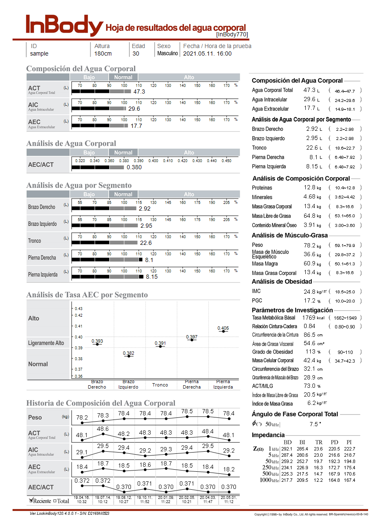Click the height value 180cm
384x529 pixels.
click(x=102, y=53)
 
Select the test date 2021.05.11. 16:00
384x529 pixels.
click(x=207, y=53)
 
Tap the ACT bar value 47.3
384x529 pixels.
click(x=139, y=92)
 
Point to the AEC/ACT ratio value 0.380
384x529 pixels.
click(x=134, y=168)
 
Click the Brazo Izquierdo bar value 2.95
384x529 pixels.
click(x=146, y=226)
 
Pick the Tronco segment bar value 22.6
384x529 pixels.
click(x=146, y=243)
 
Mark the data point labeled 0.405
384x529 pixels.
click(x=223, y=331)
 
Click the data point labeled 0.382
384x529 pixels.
click(x=129, y=356)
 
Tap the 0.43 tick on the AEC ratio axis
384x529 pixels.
click(x=79, y=309)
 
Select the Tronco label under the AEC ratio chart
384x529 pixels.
click(x=160, y=385)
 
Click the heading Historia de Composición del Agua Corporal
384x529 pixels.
click(x=101, y=403)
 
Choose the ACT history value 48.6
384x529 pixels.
click(x=103, y=429)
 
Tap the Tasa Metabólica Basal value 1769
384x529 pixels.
click(x=309, y=318)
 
